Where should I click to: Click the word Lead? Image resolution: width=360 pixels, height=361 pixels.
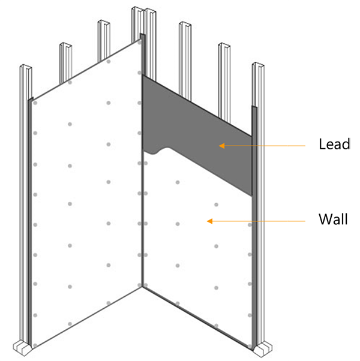(334, 144)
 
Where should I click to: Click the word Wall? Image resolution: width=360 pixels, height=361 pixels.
(333, 219)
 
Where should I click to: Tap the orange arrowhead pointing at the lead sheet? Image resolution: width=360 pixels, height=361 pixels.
(221, 146)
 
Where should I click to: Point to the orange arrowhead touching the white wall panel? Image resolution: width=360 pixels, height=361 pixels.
(209, 221)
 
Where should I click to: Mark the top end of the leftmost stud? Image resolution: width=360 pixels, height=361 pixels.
(26, 67)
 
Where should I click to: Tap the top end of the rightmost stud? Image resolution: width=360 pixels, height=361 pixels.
(258, 65)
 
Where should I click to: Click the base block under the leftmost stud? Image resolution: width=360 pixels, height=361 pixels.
(22, 348)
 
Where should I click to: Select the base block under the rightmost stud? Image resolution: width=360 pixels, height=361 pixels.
(263, 349)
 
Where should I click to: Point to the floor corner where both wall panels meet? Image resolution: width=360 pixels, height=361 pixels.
(142, 287)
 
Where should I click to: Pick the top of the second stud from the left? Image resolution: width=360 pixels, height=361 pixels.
(65, 46)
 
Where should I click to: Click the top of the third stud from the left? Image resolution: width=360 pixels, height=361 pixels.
(104, 23)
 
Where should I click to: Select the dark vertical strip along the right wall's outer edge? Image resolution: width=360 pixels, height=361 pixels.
(254, 228)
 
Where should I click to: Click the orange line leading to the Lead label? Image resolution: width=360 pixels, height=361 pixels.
(265, 146)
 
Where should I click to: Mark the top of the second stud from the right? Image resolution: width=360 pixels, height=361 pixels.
(224, 46)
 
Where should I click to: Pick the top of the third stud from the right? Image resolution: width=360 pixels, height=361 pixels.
(185, 25)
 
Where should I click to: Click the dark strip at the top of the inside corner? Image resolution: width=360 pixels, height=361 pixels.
(142, 55)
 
